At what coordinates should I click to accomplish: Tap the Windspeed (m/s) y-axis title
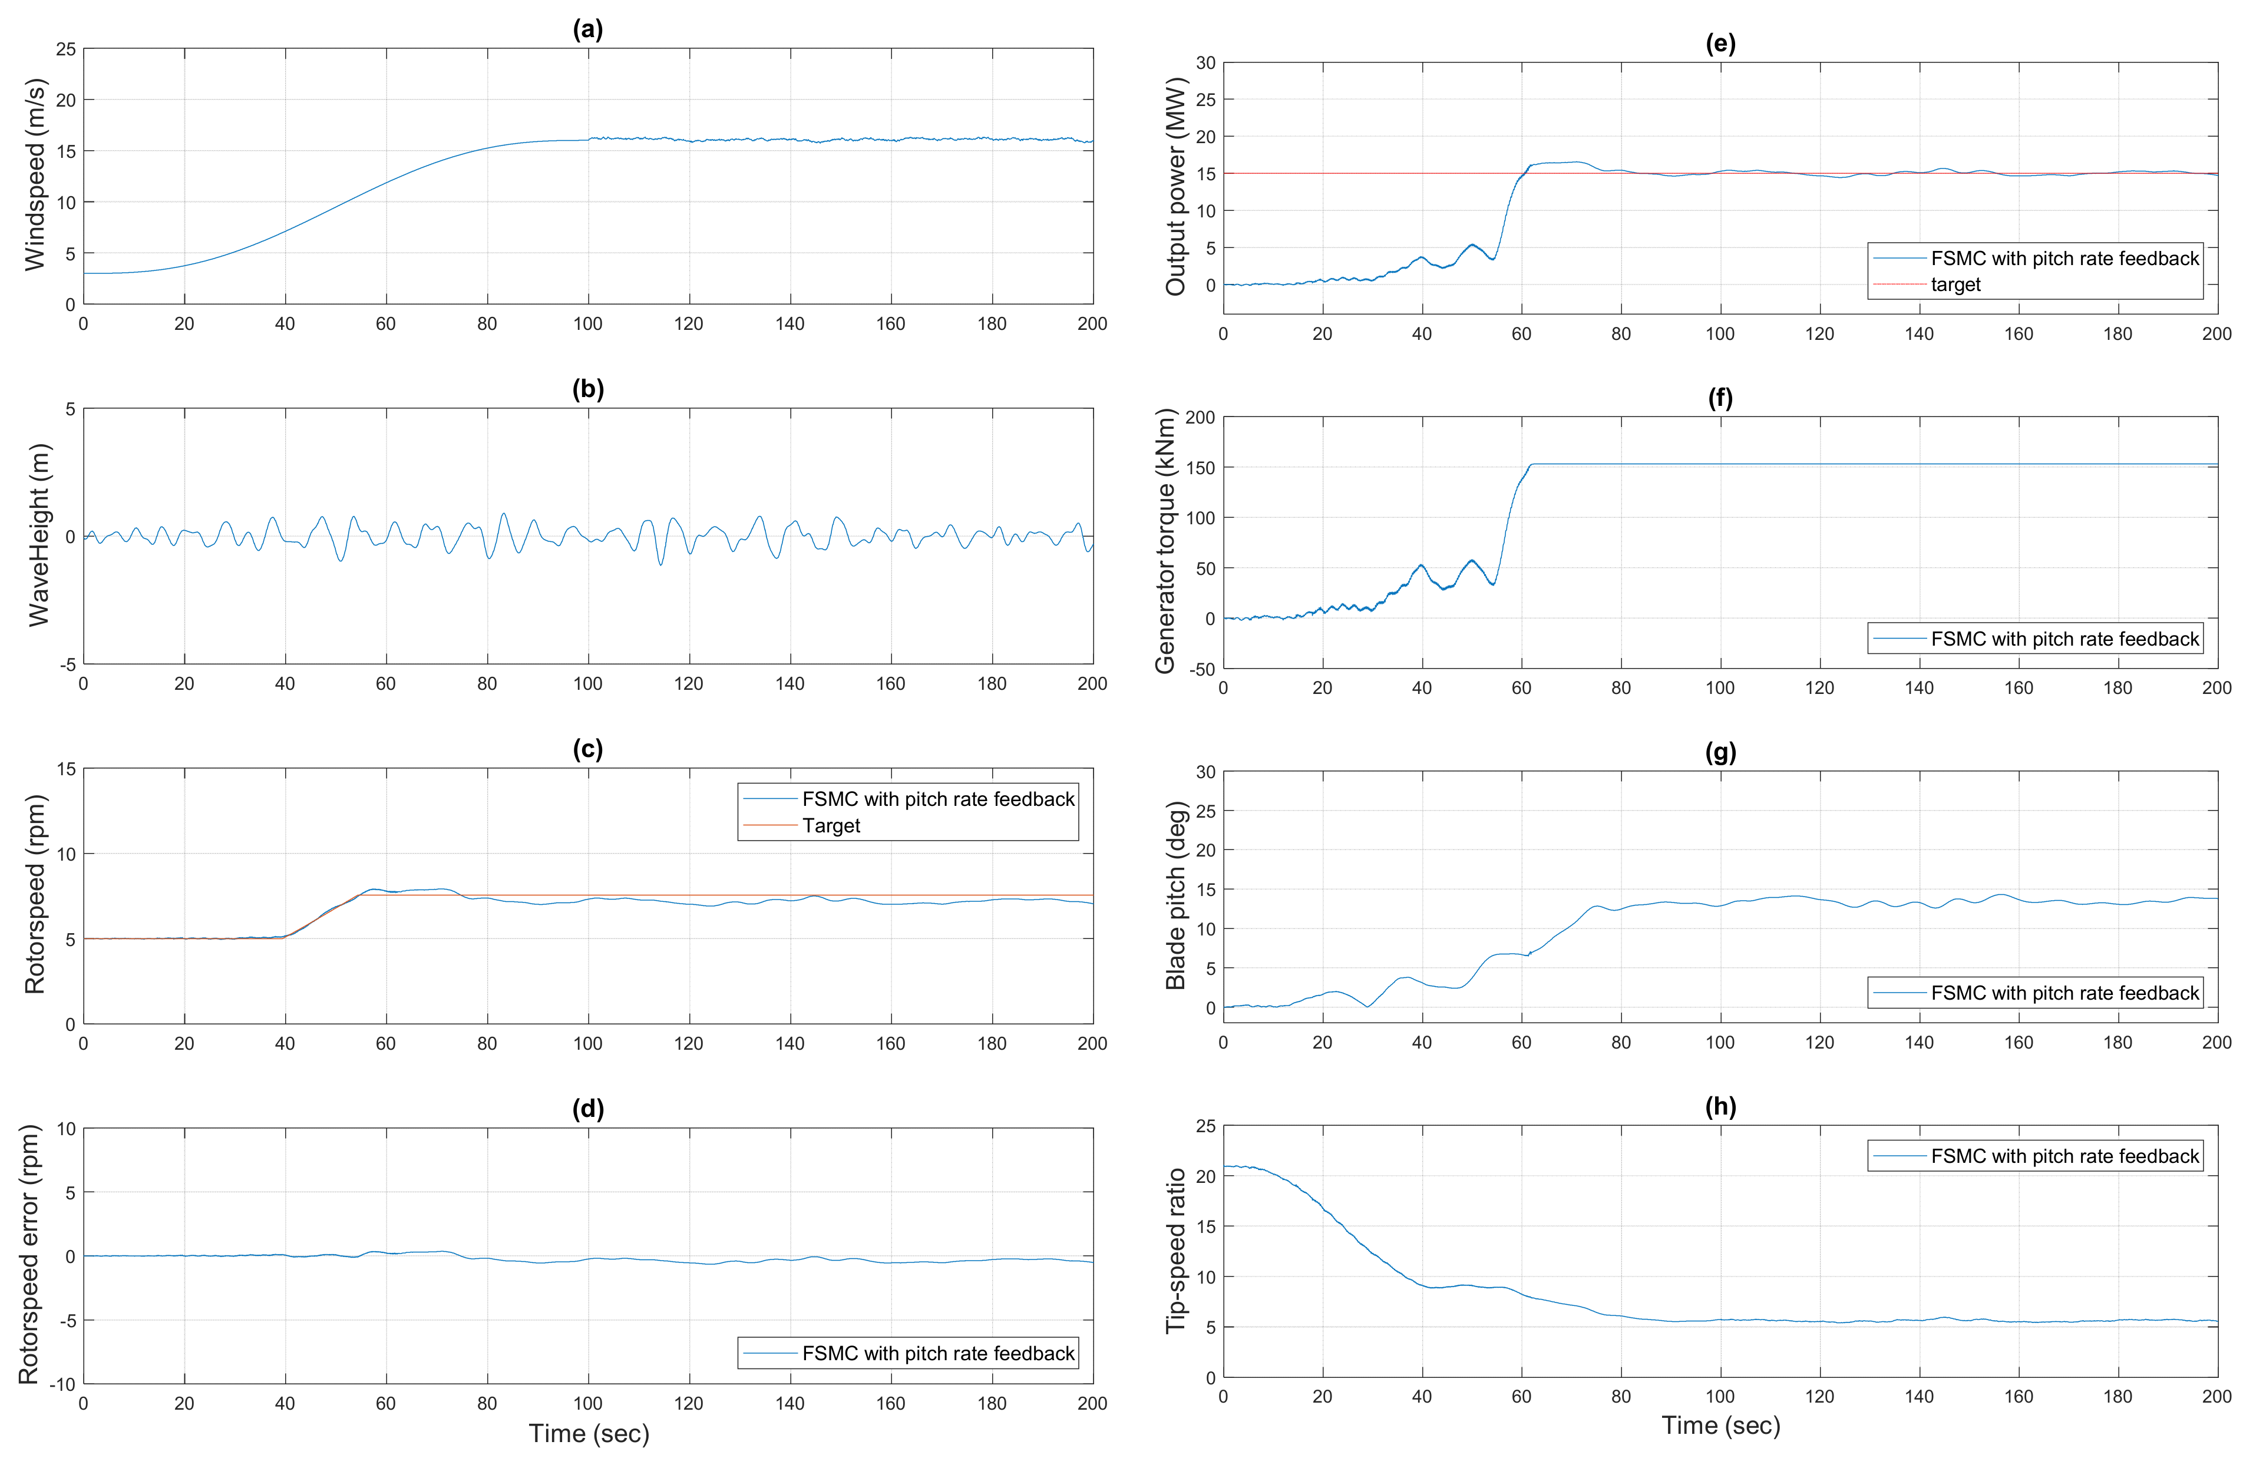(35, 175)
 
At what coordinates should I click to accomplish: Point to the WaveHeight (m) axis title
(38, 535)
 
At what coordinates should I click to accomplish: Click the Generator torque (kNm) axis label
(1164, 541)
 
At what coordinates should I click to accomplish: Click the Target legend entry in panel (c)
(831, 825)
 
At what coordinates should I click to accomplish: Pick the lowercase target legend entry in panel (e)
(1955, 285)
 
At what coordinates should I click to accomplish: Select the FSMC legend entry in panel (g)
(2064, 993)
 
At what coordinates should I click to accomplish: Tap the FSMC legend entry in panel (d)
(937, 1354)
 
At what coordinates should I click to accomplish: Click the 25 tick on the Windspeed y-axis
(65, 49)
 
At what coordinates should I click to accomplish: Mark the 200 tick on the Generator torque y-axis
(1200, 418)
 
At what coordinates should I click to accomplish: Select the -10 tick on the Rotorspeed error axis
(62, 1384)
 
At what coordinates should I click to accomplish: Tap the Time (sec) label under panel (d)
(589, 1433)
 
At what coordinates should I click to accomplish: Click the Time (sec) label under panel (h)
(1720, 1426)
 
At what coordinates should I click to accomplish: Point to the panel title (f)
(1720, 398)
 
